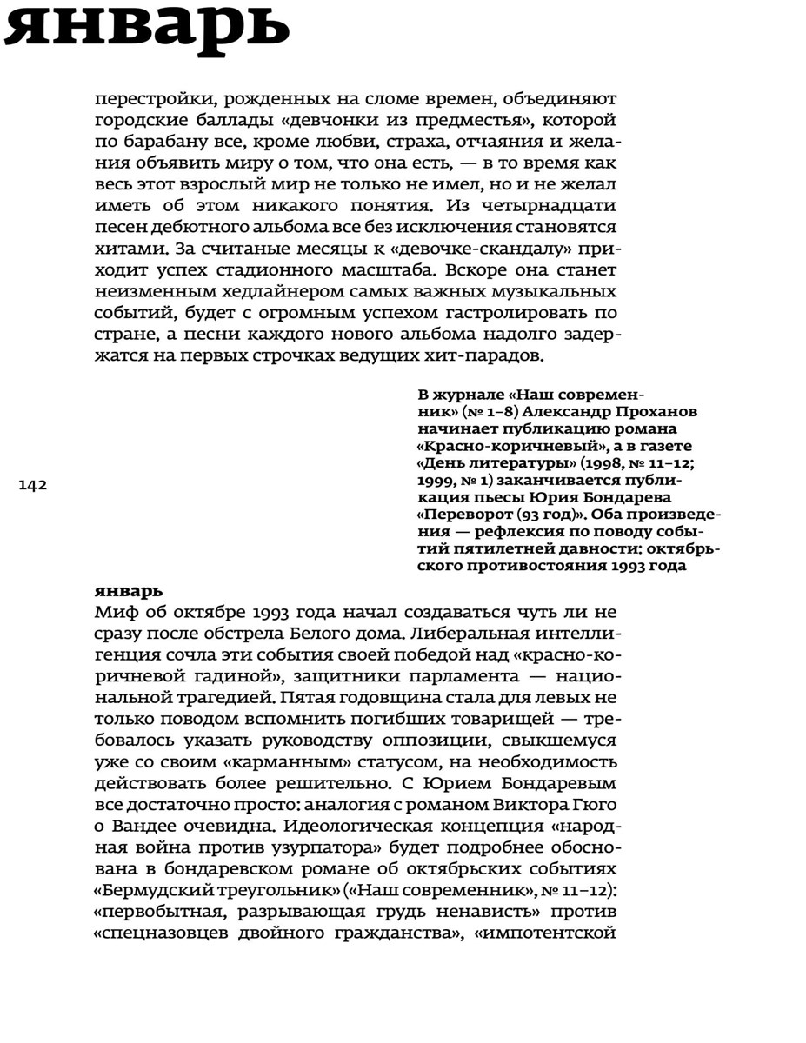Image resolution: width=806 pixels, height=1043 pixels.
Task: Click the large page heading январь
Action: (x=146, y=28)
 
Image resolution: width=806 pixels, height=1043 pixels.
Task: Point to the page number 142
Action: (x=33, y=485)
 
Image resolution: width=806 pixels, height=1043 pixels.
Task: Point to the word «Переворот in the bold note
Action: (x=464, y=513)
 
